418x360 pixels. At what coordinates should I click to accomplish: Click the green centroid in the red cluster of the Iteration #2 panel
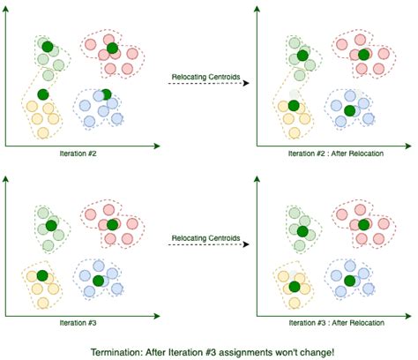click(x=113, y=48)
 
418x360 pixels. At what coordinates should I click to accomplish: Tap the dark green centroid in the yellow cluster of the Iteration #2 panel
click(x=43, y=94)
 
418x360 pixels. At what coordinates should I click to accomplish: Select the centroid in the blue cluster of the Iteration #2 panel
click(x=106, y=94)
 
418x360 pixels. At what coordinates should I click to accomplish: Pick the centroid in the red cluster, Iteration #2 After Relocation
click(x=363, y=54)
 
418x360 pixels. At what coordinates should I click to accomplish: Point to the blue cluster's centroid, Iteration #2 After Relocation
click(x=349, y=110)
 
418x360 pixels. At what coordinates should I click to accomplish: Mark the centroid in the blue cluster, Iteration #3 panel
click(x=98, y=281)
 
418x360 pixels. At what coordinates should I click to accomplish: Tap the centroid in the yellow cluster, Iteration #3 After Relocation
click(x=293, y=284)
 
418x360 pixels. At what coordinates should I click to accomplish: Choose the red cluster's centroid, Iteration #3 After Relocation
click(x=363, y=225)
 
